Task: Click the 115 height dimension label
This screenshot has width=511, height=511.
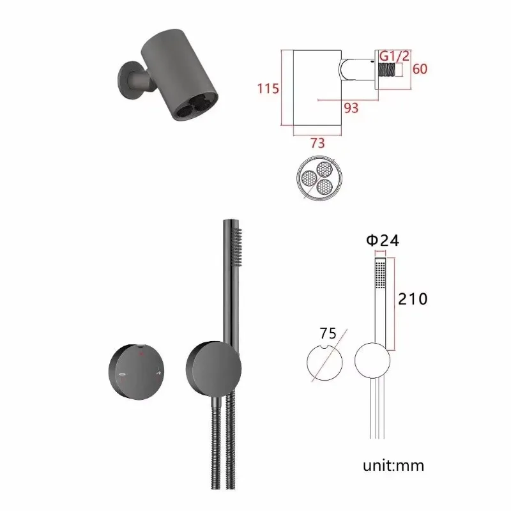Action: (268, 88)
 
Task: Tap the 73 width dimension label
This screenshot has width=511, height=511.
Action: (317, 143)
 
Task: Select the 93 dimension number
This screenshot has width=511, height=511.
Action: (351, 108)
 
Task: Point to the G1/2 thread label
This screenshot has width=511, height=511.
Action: (394, 56)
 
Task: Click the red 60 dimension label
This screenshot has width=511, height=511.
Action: (420, 69)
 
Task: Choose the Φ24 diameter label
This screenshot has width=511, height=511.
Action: (383, 241)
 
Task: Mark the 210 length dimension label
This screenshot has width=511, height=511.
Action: (413, 299)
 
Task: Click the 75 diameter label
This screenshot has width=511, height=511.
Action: (328, 333)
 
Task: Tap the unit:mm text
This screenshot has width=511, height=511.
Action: (393, 466)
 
